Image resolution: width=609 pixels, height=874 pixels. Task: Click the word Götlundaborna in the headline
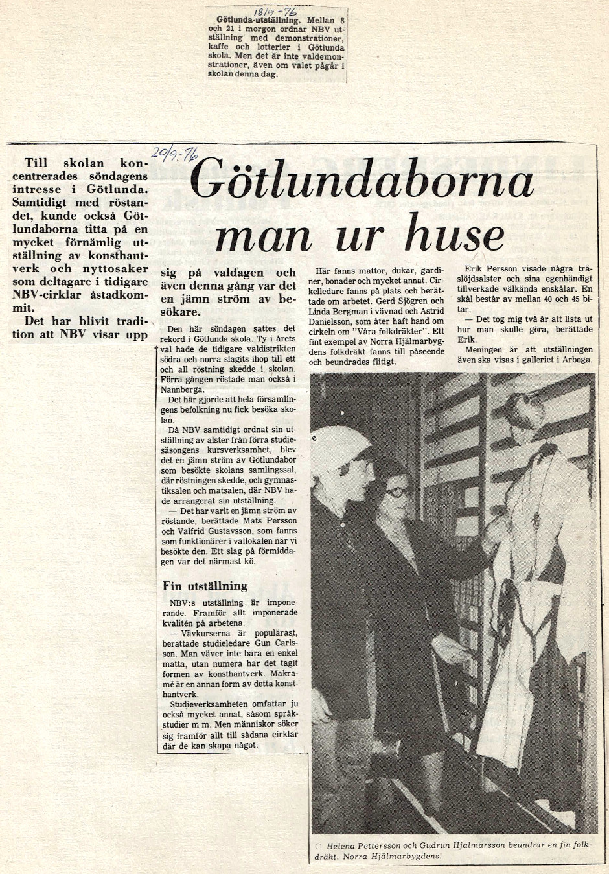coord(363,179)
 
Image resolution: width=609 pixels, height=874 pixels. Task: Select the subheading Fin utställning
coord(205,586)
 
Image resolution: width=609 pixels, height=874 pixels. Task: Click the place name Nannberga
coord(182,389)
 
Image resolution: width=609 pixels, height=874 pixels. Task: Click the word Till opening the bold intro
coord(36,163)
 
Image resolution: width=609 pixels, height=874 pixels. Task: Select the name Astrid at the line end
coord(430,312)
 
